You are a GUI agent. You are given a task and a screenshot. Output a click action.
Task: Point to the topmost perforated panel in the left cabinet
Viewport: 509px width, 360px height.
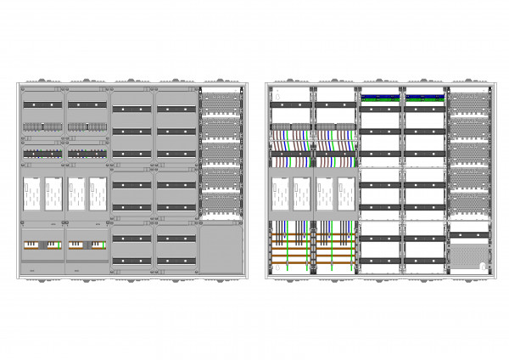[x=221, y=101]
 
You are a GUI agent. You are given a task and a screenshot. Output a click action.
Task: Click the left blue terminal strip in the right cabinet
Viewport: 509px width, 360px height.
[x=380, y=96]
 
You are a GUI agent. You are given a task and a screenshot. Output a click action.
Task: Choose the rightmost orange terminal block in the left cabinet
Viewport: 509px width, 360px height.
[x=98, y=245]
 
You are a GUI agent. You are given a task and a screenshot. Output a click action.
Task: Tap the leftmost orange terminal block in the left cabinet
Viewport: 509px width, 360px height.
[x=31, y=245]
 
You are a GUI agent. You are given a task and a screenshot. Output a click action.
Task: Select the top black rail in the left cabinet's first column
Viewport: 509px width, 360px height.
[x=42, y=104]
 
